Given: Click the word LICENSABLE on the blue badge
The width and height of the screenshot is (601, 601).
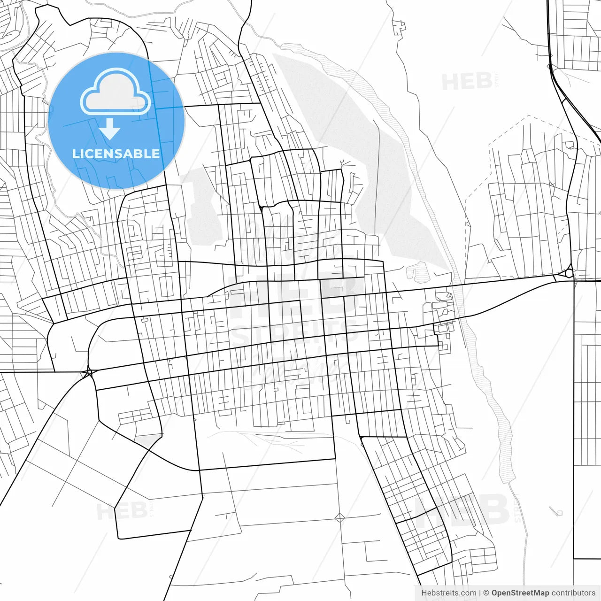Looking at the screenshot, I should (x=116, y=154).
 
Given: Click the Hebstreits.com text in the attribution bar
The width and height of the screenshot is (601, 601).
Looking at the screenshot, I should (x=449, y=593).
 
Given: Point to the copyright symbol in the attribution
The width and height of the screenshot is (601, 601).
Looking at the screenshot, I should (x=486, y=593).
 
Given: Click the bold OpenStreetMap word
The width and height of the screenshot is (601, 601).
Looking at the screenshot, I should (x=520, y=593).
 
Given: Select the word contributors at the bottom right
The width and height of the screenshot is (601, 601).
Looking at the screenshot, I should (x=573, y=593).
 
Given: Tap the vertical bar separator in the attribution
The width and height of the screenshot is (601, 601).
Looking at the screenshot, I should (x=480, y=593).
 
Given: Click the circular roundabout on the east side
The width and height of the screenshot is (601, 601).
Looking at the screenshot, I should (x=569, y=272).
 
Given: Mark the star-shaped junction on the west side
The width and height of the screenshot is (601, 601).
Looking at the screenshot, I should (x=88, y=373).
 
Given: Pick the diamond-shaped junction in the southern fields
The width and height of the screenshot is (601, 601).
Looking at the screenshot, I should (x=340, y=518).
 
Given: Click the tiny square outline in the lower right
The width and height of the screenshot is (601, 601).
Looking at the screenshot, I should (x=559, y=513).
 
